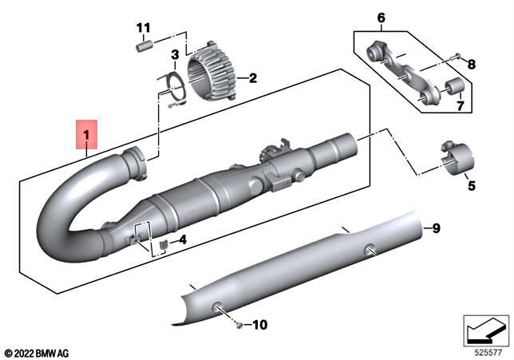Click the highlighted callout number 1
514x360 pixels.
click(x=86, y=134)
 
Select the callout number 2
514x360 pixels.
click(x=252, y=78)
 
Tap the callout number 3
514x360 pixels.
click(x=174, y=55)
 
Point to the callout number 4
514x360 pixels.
click(x=183, y=239)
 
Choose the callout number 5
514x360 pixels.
click(x=471, y=186)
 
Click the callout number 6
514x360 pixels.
click(x=380, y=18)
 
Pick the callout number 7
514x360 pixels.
click(x=460, y=105)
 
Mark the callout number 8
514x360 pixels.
click(x=471, y=64)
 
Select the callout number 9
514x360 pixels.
click(x=436, y=229)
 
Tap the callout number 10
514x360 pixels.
click(x=262, y=325)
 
